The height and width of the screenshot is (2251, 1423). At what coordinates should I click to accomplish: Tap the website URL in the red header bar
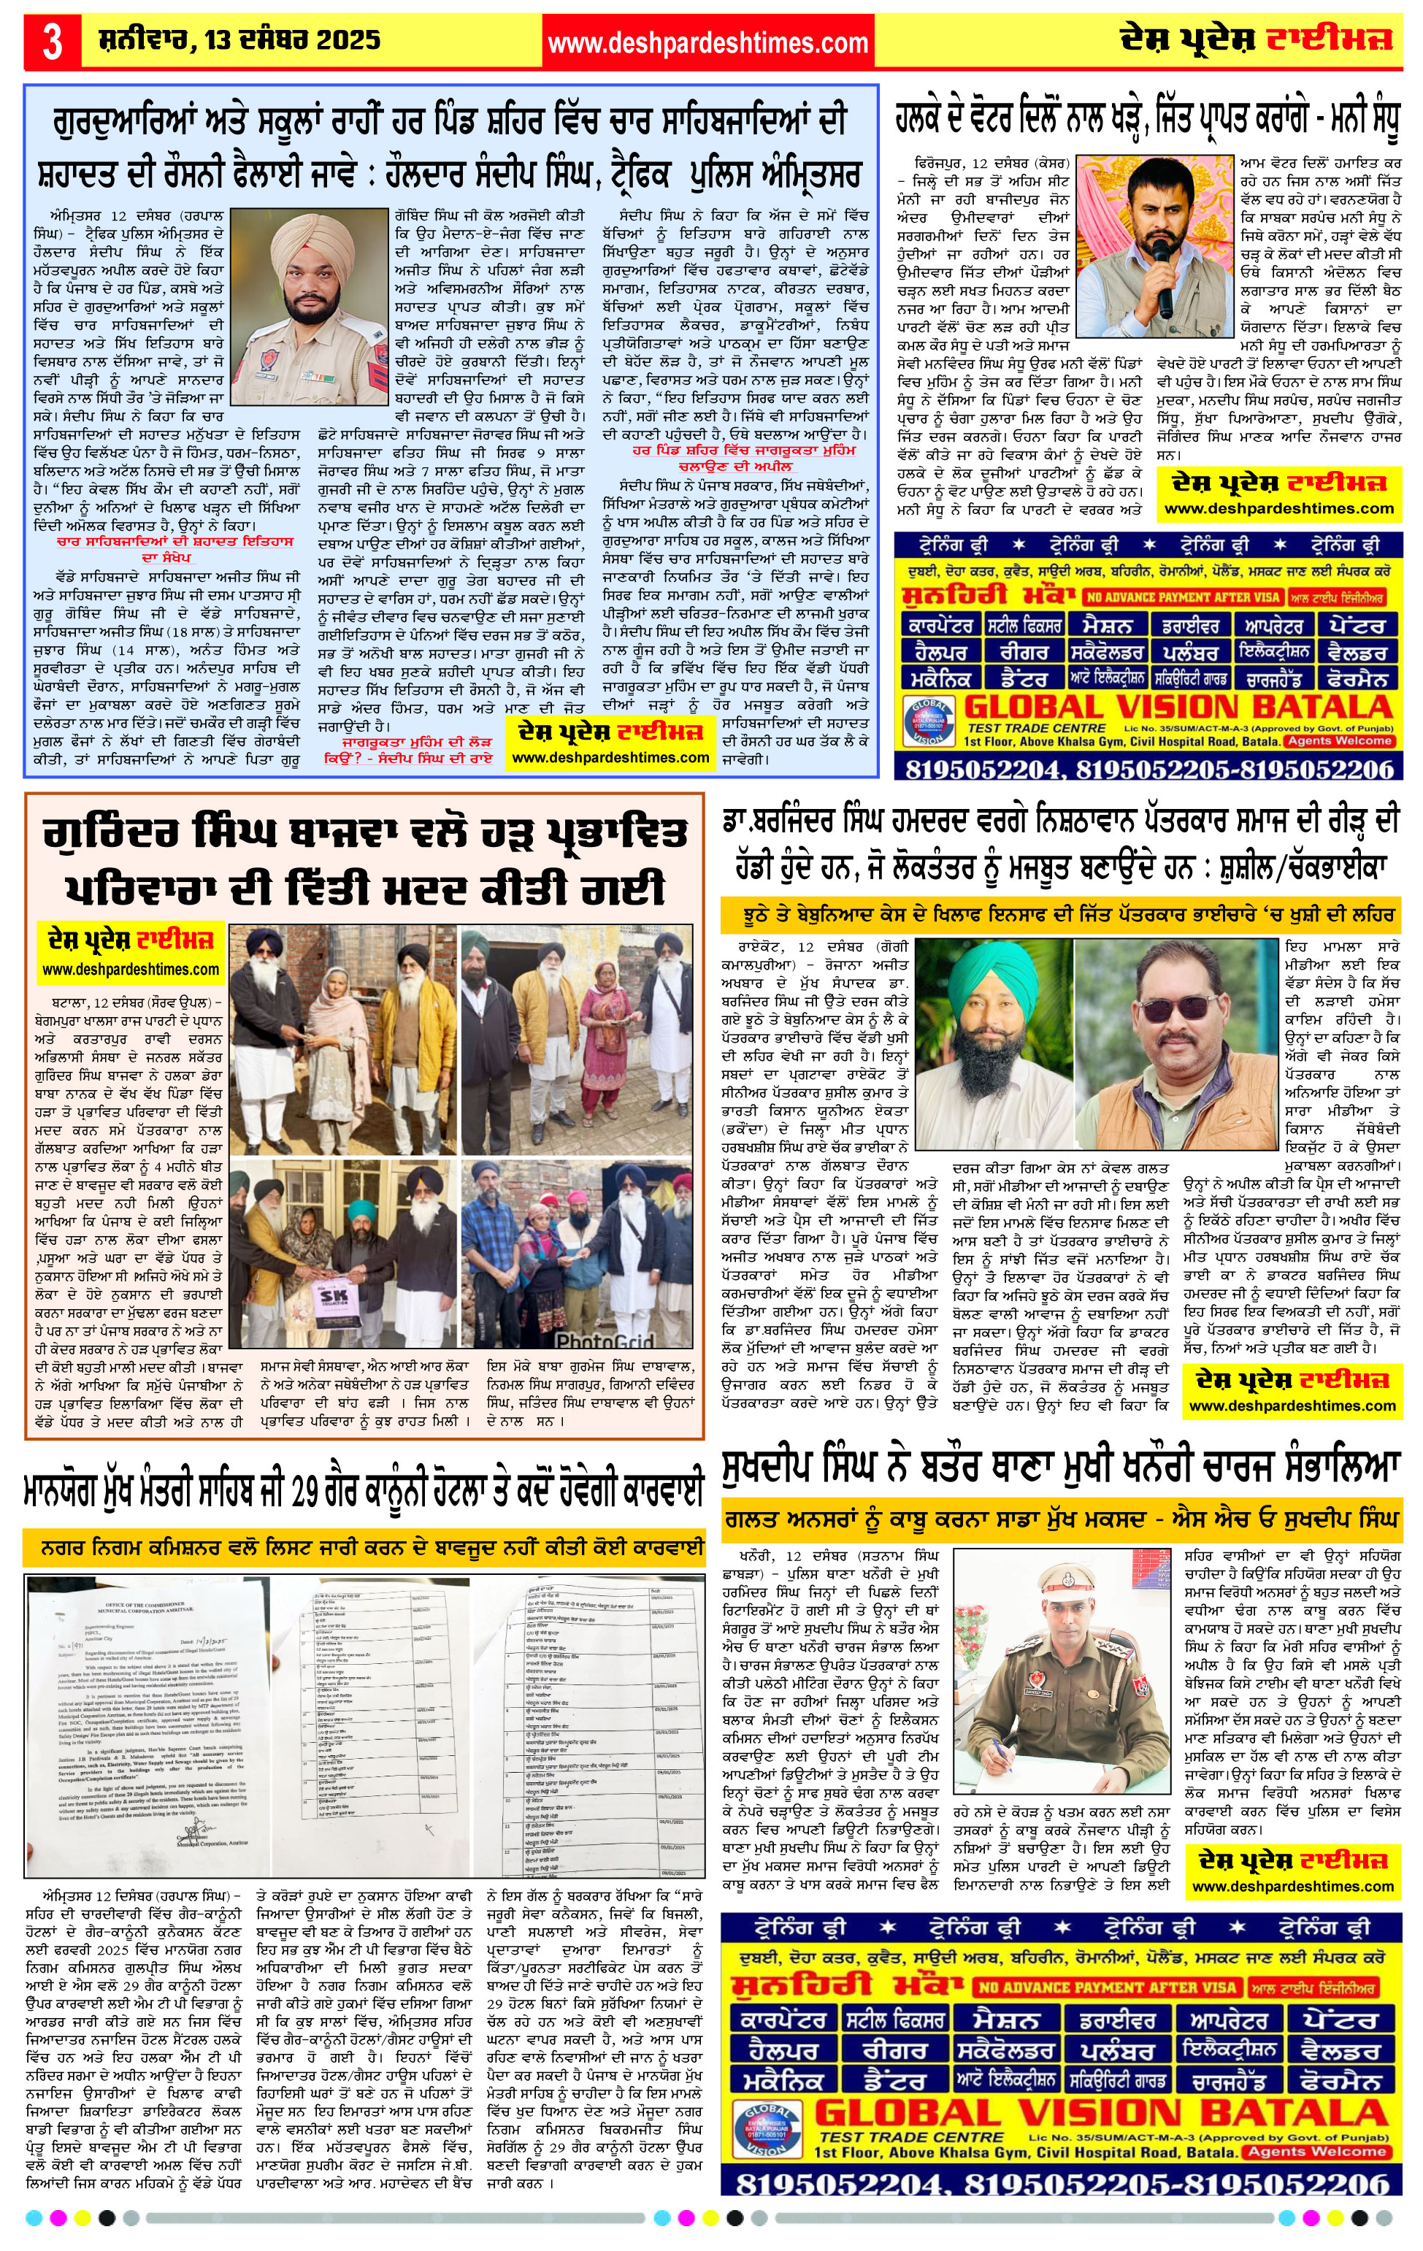coord(707,43)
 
